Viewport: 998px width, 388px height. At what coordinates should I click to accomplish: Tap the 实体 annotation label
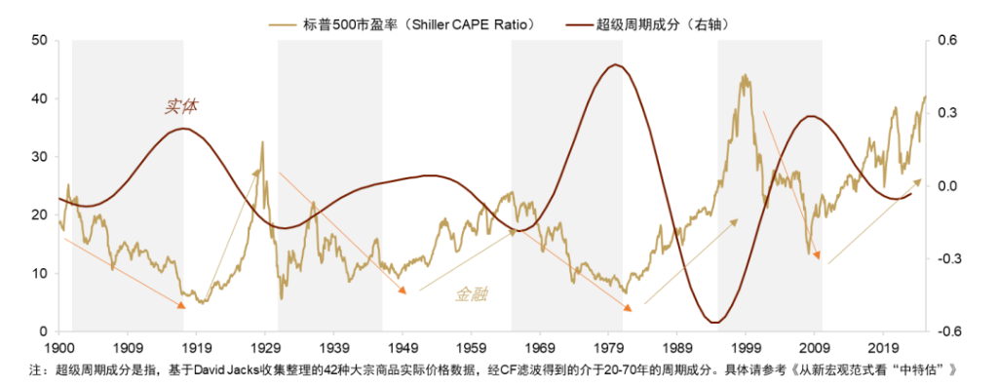[181, 106]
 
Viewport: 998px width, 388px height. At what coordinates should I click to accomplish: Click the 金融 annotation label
[474, 293]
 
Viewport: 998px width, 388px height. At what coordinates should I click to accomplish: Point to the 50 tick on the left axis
[39, 41]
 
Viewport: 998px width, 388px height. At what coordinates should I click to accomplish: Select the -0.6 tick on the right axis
[946, 332]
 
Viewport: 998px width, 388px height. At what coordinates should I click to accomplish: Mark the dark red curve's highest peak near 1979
[614, 65]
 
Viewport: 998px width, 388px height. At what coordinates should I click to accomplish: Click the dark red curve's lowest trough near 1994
[714, 323]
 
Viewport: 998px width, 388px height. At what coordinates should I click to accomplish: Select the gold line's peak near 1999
[745, 75]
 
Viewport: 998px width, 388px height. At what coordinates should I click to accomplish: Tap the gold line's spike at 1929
[262, 142]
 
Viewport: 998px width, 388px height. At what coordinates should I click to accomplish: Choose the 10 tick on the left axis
[39, 274]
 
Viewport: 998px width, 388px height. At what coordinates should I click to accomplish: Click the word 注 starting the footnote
[35, 370]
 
